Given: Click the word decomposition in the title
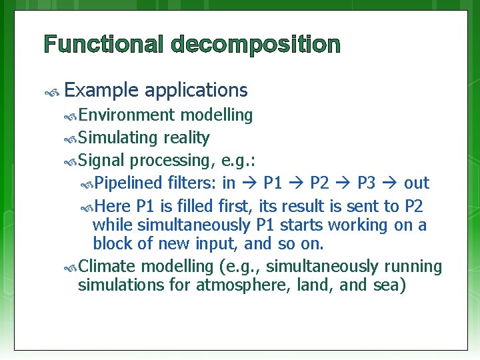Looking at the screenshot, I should pyautogui.click(x=255, y=45).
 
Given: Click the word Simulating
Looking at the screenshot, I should pyautogui.click(x=116, y=138).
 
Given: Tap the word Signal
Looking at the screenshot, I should pyautogui.click(x=102, y=161).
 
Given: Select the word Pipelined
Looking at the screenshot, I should pyautogui.click(x=129, y=183).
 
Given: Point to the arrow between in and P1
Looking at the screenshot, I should pyautogui.click(x=250, y=183).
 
